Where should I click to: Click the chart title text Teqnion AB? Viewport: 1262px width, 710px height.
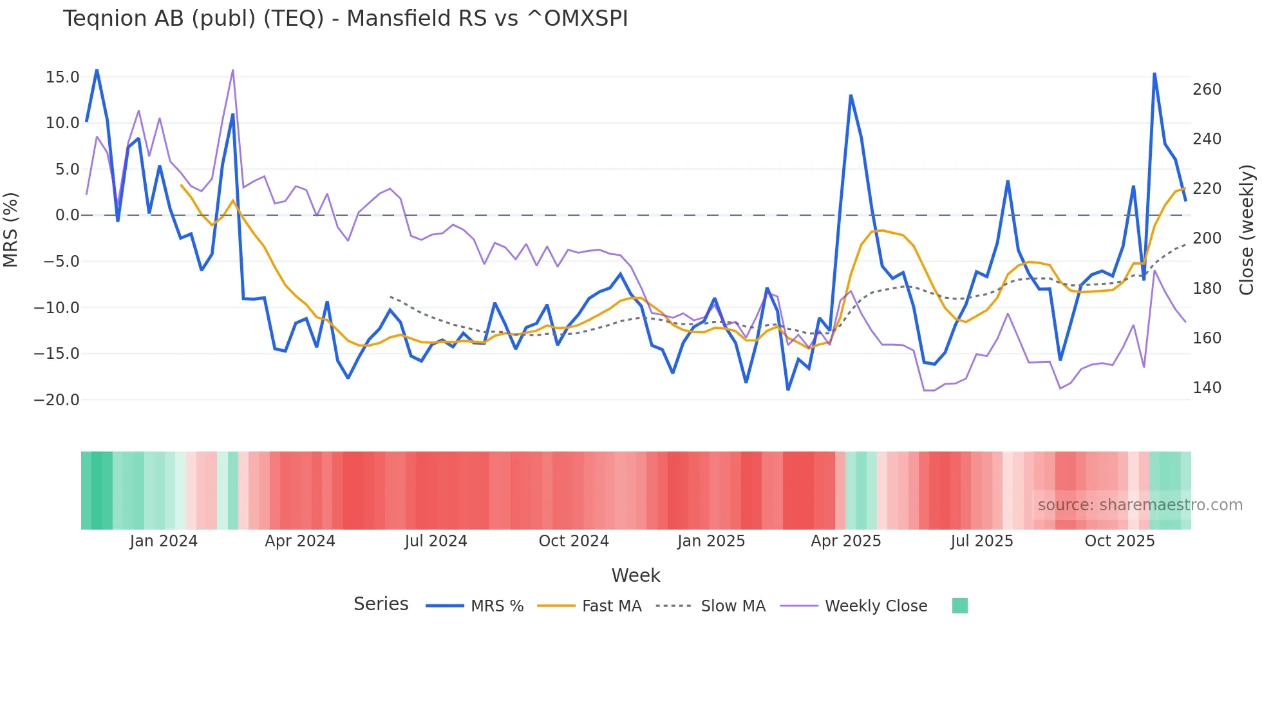coord(345,19)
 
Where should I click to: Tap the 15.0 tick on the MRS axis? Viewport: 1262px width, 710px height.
coord(62,77)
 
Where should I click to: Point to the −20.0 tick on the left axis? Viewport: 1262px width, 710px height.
coord(57,400)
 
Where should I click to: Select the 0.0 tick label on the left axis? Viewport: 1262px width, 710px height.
coord(67,215)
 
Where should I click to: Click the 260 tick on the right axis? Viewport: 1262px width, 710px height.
coord(1207,90)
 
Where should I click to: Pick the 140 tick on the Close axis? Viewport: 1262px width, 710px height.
coord(1207,388)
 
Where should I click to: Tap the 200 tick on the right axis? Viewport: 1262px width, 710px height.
coord(1207,238)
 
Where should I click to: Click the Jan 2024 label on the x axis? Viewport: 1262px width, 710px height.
coord(164,541)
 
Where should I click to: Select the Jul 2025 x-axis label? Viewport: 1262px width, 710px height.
coord(982,541)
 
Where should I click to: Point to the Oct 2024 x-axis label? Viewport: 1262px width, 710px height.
coord(574,541)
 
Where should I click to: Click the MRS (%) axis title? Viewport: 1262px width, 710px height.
coord(11,230)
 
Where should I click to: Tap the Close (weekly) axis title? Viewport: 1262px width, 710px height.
coord(1247,230)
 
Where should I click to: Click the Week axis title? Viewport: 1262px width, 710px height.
coord(636,575)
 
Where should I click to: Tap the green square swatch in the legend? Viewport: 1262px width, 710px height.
coord(959,606)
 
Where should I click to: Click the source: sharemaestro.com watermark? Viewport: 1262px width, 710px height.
coord(1140,505)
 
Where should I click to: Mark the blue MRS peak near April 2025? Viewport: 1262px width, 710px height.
coord(851,95)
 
